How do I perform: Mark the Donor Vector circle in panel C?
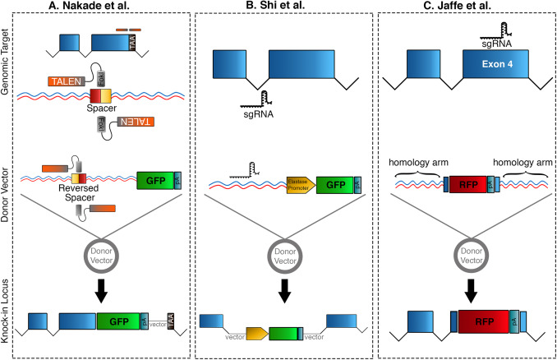pyautogui.click(x=465, y=255)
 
